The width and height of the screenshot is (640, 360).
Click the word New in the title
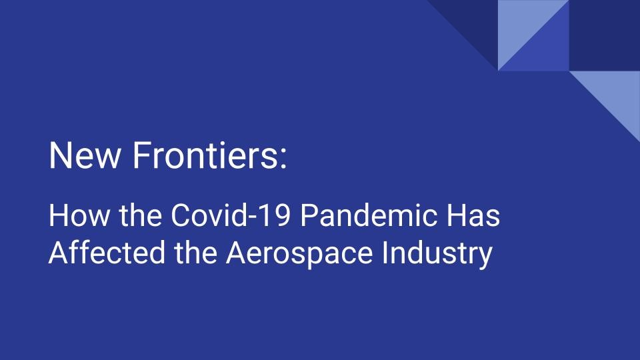(x=85, y=155)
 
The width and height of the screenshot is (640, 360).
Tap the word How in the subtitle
(x=79, y=215)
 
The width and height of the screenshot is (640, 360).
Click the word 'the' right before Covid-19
(x=140, y=215)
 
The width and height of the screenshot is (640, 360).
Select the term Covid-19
(x=231, y=215)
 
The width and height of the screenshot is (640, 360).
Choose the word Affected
(x=107, y=252)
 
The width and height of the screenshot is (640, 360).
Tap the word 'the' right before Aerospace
(x=195, y=252)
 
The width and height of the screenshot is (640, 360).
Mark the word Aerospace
(x=299, y=253)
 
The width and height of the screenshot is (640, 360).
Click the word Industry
(x=437, y=254)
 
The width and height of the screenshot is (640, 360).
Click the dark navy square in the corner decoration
(x=605, y=35)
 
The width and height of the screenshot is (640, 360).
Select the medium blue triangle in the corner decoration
(x=545, y=47)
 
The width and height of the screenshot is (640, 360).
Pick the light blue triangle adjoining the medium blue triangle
(x=521, y=24)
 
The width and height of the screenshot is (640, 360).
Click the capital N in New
(x=59, y=155)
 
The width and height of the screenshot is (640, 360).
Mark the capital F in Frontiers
(x=141, y=155)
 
